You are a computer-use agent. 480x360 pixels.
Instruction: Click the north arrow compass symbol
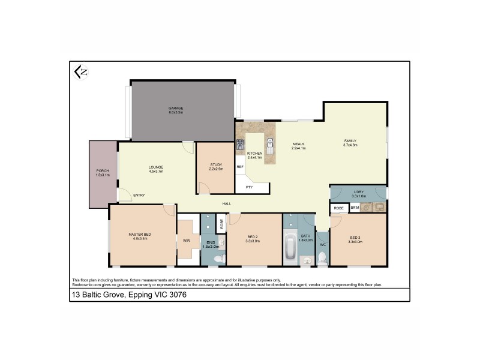pos(80,71)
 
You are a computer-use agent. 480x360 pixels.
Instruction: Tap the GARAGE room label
pos(175,109)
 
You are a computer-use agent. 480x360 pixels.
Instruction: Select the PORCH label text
pos(103,170)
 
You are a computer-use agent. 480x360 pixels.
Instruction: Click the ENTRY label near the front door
pos(139,195)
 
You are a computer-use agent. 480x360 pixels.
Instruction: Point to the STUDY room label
pos(216,164)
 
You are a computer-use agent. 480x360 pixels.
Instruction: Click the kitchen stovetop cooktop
pos(240,145)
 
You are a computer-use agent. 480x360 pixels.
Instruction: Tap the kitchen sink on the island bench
pos(271,144)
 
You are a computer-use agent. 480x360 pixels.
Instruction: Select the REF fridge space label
pos(239,166)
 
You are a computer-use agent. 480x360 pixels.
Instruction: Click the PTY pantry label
pos(249,188)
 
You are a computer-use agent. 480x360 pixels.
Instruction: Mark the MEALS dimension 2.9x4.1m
pos(299,148)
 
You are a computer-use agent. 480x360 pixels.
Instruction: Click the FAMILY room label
pos(350,140)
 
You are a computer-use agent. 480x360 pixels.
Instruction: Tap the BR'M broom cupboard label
pos(355,208)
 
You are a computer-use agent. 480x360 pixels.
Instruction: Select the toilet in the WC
pos(323,257)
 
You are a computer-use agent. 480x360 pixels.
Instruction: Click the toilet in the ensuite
pos(218,258)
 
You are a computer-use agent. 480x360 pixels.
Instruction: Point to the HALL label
pos(227,204)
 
